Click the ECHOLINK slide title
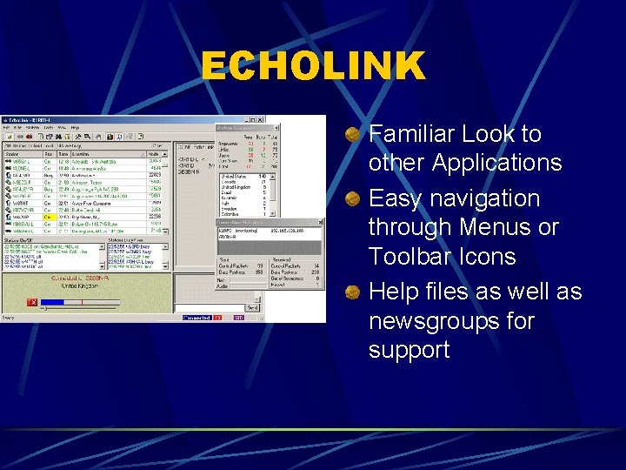click(313, 66)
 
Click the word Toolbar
click(410, 257)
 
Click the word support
click(409, 350)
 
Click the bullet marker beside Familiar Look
click(352, 135)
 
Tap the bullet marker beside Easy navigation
click(352, 199)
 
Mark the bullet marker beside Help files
click(352, 292)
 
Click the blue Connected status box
click(196, 318)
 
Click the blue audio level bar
click(52, 302)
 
